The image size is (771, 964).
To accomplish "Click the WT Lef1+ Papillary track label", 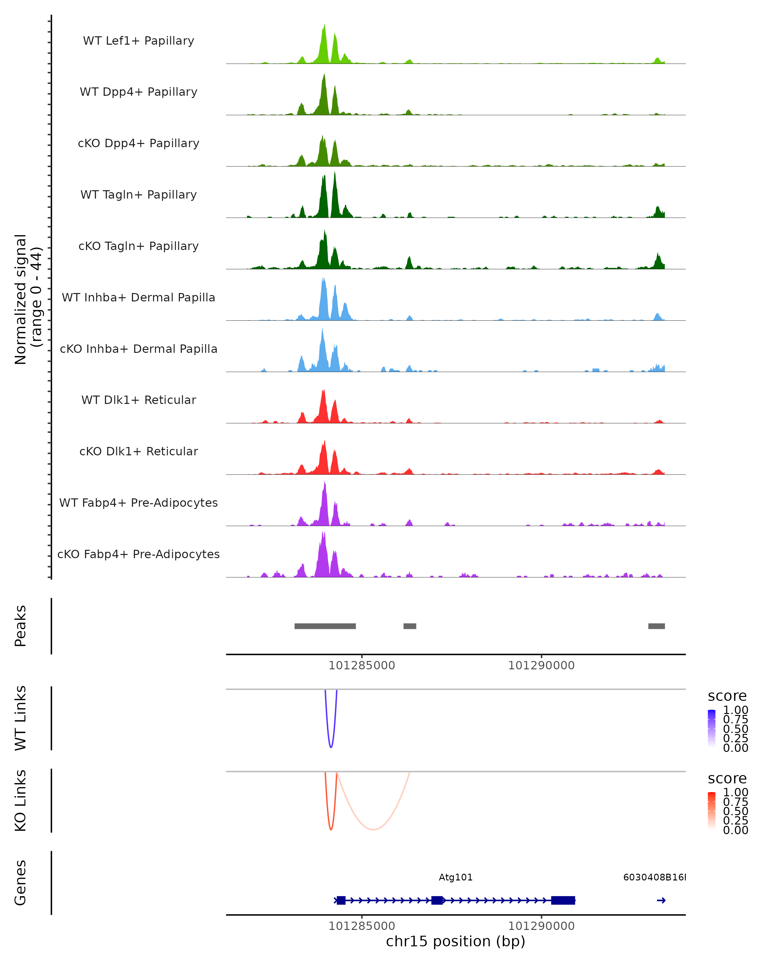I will [138, 41].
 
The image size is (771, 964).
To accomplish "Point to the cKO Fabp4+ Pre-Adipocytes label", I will [138, 554].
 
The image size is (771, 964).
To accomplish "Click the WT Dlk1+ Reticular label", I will [138, 400].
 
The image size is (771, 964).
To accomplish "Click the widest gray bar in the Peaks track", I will [325, 626].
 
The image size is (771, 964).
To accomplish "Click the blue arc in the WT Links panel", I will [331, 747].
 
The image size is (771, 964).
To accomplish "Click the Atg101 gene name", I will [456, 877].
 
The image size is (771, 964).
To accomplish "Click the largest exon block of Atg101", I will [563, 900].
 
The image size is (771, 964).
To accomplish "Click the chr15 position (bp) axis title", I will [456, 941].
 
